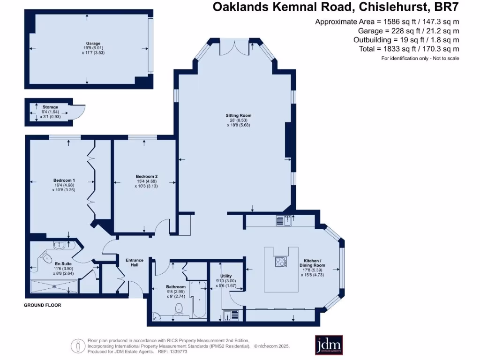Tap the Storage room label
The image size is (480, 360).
point(50,107)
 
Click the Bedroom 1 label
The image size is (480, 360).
point(64,180)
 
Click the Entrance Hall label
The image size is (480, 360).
point(134,262)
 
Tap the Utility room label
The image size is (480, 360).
point(226,277)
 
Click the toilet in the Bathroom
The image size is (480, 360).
point(178,308)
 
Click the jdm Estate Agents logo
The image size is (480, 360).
point(329,345)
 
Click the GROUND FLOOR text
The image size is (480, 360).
point(42,305)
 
